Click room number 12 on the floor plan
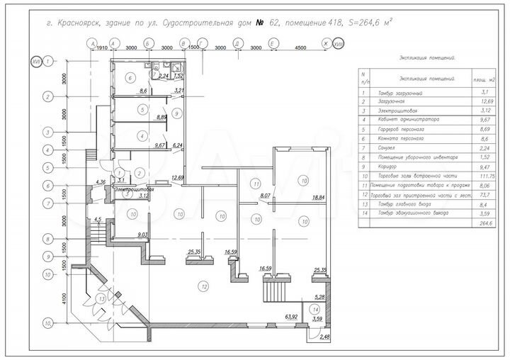click(x=204, y=286)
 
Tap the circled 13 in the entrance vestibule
click(x=102, y=299)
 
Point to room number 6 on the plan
click(x=130, y=77)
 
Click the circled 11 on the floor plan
click(x=256, y=184)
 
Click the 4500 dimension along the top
click(x=300, y=47)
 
